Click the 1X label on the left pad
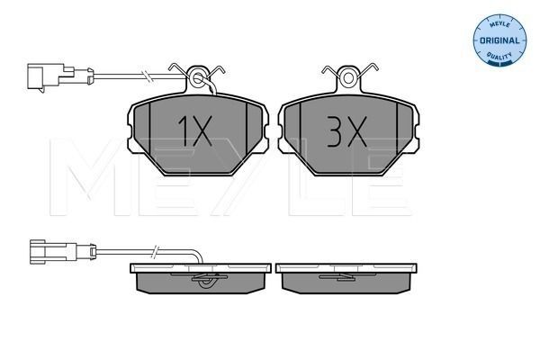click(195, 130)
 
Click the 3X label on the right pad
click(346, 131)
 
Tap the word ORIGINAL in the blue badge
click(499, 40)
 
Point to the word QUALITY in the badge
click(499, 56)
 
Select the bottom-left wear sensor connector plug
click(63, 252)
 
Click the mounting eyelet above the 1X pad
click(197, 79)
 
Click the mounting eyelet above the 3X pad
click(348, 78)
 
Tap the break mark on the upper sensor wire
click(146, 76)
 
